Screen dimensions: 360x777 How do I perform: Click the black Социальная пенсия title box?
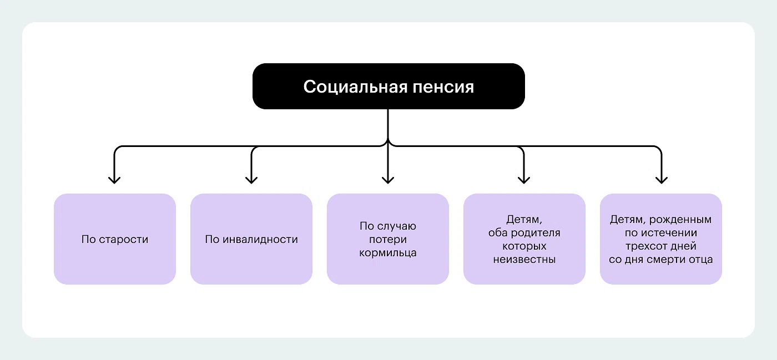(x=389, y=86)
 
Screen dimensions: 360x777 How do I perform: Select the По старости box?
(x=115, y=239)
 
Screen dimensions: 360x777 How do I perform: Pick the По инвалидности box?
(x=251, y=239)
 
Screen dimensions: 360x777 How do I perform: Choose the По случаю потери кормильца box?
(x=388, y=239)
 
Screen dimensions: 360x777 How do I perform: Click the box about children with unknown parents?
(x=524, y=239)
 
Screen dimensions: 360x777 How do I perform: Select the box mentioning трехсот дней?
(x=661, y=239)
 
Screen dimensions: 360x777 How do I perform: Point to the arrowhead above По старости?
(x=114, y=179)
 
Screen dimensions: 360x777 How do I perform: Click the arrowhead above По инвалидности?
(x=251, y=179)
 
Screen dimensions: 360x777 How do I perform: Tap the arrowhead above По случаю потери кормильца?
(x=388, y=179)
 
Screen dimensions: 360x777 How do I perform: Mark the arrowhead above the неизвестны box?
(x=524, y=179)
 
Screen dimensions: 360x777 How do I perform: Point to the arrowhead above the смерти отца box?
(x=660, y=179)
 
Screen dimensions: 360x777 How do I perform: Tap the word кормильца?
(x=388, y=253)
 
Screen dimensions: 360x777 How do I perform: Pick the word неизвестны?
(x=524, y=259)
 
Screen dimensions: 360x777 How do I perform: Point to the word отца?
(x=701, y=259)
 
